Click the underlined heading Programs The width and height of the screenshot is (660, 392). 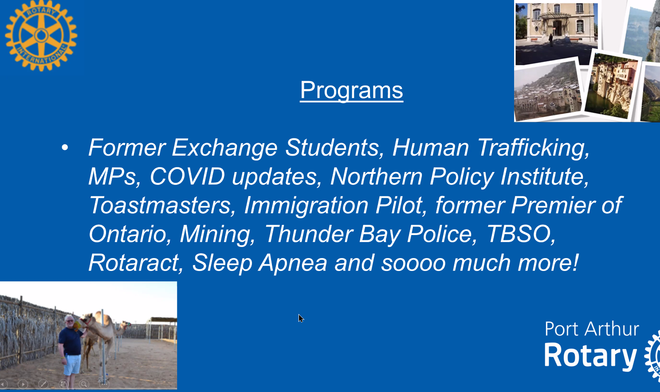tap(351, 91)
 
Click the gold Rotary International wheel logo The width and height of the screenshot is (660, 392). tap(41, 35)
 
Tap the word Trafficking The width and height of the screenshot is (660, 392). tap(533, 147)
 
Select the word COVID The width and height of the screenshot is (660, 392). tap(187, 176)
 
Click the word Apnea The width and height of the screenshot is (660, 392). tap(293, 263)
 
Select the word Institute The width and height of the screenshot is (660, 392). tap(545, 176)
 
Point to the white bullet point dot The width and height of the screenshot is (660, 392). tap(65, 147)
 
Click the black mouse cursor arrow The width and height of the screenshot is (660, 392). tap(301, 318)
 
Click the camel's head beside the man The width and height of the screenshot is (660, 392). tap(87, 320)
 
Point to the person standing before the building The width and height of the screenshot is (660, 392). tap(550, 40)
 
